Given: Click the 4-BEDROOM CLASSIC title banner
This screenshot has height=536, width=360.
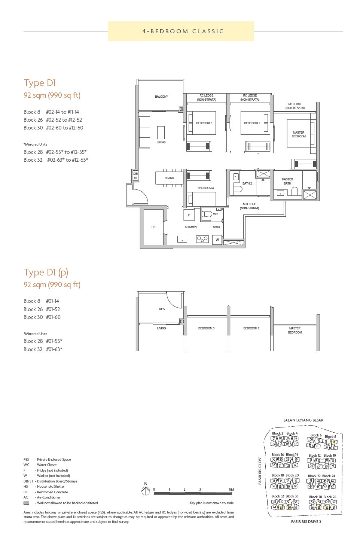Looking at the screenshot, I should [183, 31].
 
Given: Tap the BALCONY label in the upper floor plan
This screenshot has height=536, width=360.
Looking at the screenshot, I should [161, 97].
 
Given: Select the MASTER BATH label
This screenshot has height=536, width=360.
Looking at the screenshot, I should [287, 182].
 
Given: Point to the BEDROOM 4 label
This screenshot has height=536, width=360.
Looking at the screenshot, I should [205, 188].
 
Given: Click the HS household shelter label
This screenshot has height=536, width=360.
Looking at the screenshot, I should [153, 227].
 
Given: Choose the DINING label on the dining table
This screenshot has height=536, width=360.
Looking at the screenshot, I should [169, 178].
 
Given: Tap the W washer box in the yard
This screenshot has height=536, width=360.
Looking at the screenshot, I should [217, 240].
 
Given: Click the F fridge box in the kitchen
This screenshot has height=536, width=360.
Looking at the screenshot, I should [189, 215].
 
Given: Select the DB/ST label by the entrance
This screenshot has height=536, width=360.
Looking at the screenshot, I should [135, 176].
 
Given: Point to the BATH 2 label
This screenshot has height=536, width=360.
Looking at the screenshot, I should [247, 183].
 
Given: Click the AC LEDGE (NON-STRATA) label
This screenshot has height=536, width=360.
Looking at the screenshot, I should [249, 206].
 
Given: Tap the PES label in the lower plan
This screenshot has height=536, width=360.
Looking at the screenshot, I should [162, 309].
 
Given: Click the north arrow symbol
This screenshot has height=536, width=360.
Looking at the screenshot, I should [146, 491].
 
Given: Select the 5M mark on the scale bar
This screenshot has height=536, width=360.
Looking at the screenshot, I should [231, 490].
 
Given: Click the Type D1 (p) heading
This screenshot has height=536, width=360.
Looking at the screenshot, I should [46, 272].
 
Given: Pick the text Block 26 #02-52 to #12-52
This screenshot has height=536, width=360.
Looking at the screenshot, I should [53, 120].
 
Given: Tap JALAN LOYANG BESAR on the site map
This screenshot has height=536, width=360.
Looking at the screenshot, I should [303, 420].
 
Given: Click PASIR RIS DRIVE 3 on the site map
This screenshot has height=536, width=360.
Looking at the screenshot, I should [306, 521].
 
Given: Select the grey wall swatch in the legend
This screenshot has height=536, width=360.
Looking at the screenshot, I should [26, 503].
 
